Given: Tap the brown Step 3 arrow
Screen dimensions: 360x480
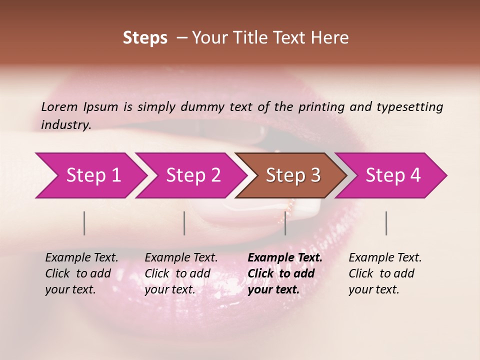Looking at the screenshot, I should pyautogui.click(x=293, y=175).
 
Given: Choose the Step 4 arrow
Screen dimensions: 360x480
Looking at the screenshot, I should pyautogui.click(x=393, y=175).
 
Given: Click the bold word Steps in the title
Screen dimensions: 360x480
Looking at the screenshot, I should pyautogui.click(x=145, y=38).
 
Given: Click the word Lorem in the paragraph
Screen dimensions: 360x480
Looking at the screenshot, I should pyautogui.click(x=59, y=106).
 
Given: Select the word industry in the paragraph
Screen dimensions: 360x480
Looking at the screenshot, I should pyautogui.click(x=66, y=125).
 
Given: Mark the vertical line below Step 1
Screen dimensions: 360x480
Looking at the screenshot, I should pyautogui.click(x=84, y=223).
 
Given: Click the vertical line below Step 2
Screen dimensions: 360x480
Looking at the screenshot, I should pyautogui.click(x=184, y=223).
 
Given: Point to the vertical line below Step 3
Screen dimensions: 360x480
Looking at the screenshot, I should pyautogui.click(x=285, y=223).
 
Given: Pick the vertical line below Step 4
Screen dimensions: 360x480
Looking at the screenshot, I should pyautogui.click(x=386, y=223).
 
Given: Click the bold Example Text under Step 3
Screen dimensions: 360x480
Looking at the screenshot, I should pyautogui.click(x=285, y=258).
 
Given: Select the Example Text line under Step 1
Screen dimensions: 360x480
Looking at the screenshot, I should pyautogui.click(x=81, y=258).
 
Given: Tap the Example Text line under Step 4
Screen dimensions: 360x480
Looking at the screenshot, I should pyautogui.click(x=385, y=258).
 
